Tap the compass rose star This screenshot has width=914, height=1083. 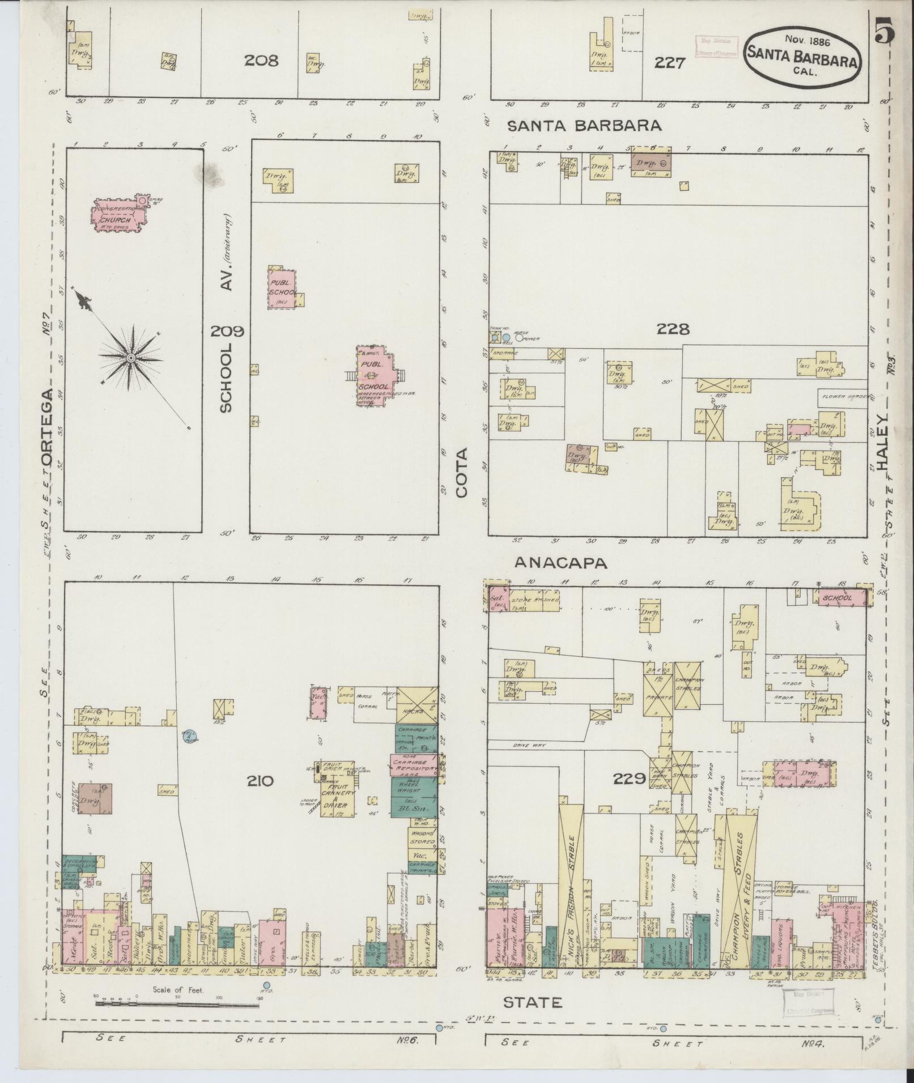coord(130,358)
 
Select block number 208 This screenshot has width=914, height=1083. coord(261,60)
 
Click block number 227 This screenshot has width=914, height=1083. coord(670,63)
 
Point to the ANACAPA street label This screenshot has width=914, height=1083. coord(561,562)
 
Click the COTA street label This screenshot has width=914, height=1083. coord(462,473)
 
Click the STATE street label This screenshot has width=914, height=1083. coord(533,1003)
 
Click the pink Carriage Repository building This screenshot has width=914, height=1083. coord(414,764)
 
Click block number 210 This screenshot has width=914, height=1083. coord(260,781)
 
